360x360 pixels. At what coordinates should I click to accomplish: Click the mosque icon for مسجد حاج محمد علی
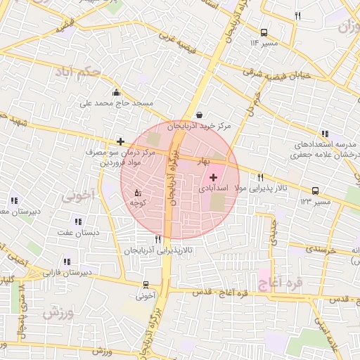click(x=116, y=92)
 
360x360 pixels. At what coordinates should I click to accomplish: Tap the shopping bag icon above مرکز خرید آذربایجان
click(x=200, y=115)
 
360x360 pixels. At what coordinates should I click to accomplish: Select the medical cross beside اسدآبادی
click(x=213, y=178)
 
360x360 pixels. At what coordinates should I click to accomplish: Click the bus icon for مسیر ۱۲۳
click(x=314, y=190)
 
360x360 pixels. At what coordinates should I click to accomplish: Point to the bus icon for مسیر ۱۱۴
click(x=264, y=32)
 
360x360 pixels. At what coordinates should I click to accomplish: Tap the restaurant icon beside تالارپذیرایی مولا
click(x=261, y=178)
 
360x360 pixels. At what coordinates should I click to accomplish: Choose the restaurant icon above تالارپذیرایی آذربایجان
click(x=157, y=239)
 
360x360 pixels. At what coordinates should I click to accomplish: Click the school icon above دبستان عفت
click(x=79, y=221)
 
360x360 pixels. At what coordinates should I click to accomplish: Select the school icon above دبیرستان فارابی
click(x=67, y=262)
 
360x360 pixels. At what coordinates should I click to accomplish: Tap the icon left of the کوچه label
click(x=138, y=192)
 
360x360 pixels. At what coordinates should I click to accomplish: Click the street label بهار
click(x=205, y=161)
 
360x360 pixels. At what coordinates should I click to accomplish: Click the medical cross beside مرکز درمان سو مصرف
click(x=121, y=141)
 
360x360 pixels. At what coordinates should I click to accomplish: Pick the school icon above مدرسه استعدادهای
click(x=324, y=134)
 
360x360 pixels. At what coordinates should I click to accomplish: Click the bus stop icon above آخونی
click(x=146, y=285)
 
